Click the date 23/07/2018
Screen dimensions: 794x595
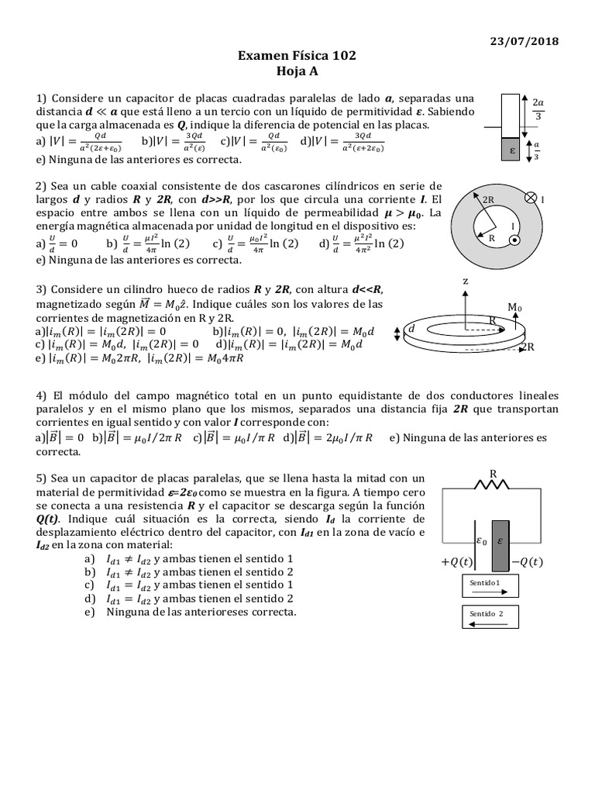(x=529, y=41)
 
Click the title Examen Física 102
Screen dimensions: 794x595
(x=297, y=57)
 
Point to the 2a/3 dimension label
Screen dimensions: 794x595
(x=539, y=109)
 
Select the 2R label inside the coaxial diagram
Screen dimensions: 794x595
(x=488, y=199)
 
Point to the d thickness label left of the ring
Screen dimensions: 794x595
(x=411, y=329)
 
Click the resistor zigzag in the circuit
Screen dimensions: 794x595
(x=492, y=485)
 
